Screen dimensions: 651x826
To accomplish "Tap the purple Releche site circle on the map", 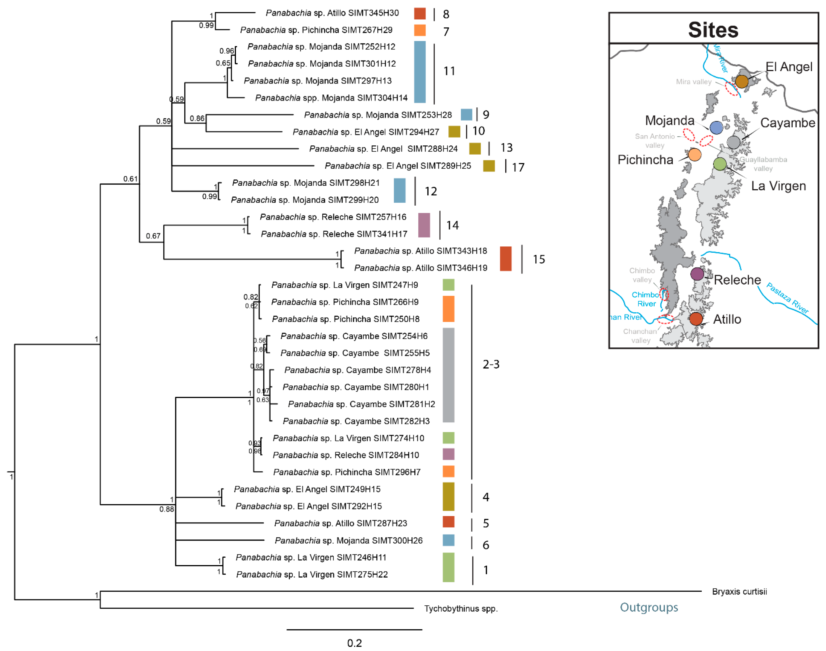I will coord(697,274).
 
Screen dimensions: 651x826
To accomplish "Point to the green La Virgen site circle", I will coord(719,164).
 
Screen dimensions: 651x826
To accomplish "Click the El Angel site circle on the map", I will coord(741,81).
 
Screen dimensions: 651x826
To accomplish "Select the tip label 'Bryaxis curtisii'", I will coord(739,592).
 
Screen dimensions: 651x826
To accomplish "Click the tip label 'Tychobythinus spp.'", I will coord(460,609).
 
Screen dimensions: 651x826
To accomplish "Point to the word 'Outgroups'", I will coord(648,607).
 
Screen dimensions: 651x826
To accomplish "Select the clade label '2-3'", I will coord(491,364).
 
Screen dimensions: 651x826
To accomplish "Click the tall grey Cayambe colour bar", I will coord(448,375).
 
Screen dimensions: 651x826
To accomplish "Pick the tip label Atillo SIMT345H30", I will coord(332,13).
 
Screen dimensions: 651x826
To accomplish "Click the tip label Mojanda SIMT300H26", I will coord(348,540).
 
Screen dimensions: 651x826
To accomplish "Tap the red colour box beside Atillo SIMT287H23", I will coord(448,522).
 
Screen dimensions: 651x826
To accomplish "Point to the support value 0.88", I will coord(167,509).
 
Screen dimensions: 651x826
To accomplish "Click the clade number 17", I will coord(518,167).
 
